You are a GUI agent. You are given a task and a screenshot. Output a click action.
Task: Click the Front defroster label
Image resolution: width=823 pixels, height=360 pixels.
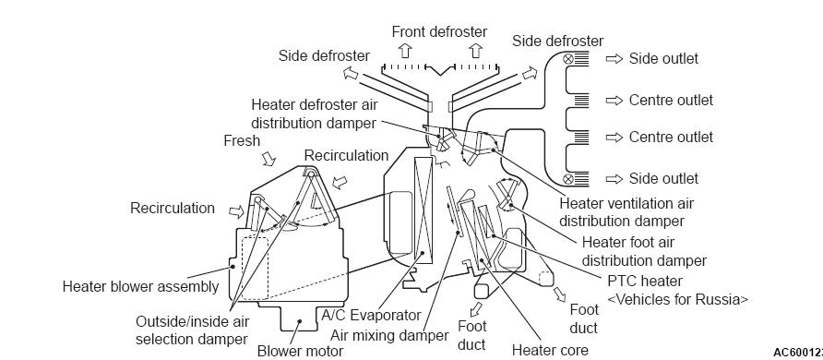click(439, 31)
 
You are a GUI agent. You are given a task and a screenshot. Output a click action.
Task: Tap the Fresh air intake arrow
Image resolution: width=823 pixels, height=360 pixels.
click(268, 158)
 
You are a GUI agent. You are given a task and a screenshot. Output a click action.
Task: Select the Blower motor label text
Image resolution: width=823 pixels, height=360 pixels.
click(300, 351)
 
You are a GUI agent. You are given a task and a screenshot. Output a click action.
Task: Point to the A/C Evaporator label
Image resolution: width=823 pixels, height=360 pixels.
click(371, 315)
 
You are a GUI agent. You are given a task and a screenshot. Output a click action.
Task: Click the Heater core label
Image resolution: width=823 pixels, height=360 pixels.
click(550, 350)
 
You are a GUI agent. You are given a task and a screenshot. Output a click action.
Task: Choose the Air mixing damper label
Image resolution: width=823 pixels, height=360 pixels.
click(389, 335)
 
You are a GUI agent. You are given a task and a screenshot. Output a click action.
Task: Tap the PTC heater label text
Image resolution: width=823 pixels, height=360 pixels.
click(645, 281)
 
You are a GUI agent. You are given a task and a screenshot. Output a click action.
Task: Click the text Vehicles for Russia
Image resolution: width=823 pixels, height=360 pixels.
click(677, 300)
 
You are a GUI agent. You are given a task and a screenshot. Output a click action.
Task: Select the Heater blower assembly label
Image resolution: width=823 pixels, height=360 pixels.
click(140, 286)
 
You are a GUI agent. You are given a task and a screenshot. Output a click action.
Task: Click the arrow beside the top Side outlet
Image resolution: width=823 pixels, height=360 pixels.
click(614, 59)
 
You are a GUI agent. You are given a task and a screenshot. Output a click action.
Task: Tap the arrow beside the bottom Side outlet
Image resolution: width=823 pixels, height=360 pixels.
click(614, 179)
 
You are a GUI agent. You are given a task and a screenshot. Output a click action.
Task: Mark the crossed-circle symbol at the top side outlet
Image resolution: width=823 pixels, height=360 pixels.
click(568, 59)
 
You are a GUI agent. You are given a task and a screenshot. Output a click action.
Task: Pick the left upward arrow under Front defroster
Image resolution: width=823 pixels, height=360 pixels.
click(405, 51)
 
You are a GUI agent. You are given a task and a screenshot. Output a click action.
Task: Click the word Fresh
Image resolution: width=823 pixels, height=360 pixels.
click(242, 140)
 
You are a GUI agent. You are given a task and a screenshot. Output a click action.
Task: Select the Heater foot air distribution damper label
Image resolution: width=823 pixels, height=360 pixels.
click(644, 251)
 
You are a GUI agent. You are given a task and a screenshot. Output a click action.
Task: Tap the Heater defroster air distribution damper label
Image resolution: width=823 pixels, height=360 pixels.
click(315, 114)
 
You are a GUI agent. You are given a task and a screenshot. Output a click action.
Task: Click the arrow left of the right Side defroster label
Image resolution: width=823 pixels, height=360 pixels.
click(529, 74)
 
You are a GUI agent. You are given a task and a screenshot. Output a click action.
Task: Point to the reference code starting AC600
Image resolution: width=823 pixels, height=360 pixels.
click(798, 352)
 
